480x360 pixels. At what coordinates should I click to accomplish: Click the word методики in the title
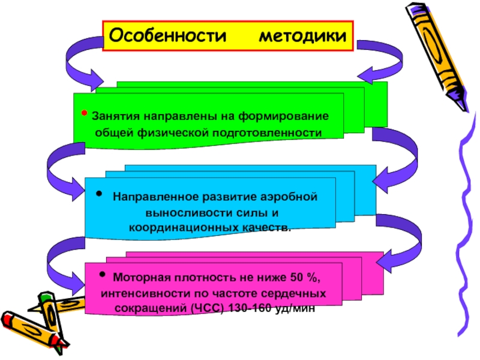coord(303,37)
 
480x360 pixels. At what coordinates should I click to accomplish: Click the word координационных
coord(182,228)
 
